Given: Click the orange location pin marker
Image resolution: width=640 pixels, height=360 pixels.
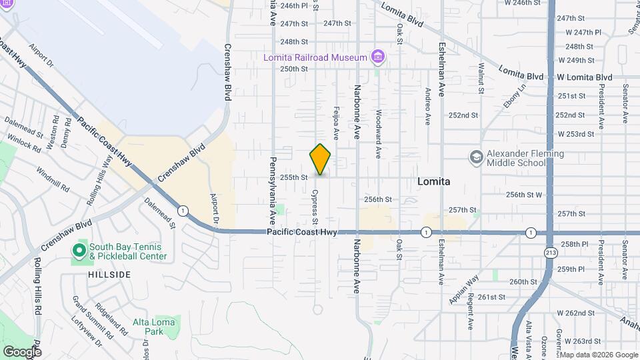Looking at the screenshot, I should tap(320, 159).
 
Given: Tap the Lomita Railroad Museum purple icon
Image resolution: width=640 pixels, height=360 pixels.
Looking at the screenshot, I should tap(378, 57).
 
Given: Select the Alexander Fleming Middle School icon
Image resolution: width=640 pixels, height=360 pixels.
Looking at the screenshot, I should tap(477, 157).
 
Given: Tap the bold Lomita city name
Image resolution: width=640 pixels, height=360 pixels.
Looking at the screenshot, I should tap(433, 181).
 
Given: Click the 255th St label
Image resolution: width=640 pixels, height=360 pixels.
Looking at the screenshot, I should tap(293, 177).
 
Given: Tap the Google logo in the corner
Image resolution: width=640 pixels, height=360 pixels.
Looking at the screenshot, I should tap(22, 351).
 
